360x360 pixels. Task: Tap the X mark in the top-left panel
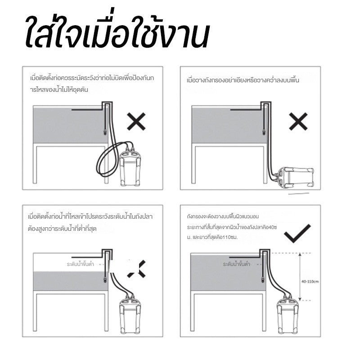[136, 121]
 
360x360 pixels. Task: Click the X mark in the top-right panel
[298, 121]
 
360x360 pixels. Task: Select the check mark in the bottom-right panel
[297, 233]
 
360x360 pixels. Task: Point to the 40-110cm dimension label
[310, 282]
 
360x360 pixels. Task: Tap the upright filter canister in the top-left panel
[130, 167]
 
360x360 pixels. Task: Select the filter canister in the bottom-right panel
[288, 315]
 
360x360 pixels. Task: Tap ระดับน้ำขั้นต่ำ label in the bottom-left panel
[81, 264]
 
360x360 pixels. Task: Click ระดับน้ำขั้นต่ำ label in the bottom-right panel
[236, 264]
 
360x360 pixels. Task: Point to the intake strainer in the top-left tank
[105, 132]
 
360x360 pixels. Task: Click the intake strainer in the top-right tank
[263, 132]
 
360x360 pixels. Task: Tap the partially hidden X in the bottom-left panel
[138, 269]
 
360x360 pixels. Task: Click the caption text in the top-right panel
[243, 81]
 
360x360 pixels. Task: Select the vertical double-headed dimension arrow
[300, 276]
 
